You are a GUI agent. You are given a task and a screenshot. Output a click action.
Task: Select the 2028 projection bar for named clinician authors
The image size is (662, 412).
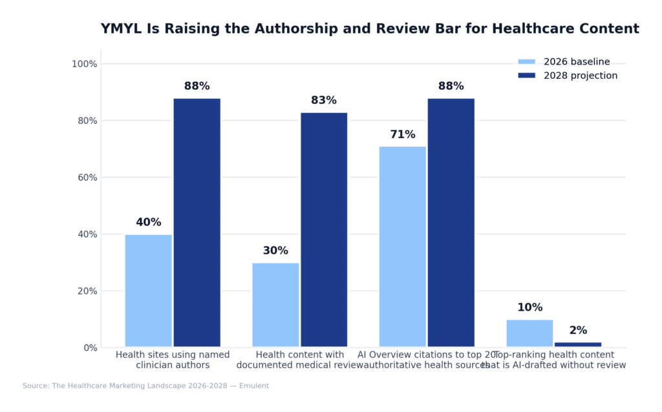[x=197, y=223]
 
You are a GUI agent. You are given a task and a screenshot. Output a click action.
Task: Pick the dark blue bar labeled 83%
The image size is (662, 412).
[x=324, y=230]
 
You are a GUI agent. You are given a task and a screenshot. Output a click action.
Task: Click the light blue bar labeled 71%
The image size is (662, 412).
[x=402, y=247]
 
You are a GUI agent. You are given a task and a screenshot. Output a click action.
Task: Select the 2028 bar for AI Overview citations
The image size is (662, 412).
[x=451, y=223]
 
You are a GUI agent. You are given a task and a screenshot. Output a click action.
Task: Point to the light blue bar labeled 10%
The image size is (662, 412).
[x=529, y=333]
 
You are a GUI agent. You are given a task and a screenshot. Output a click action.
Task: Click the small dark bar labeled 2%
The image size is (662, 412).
[x=578, y=344]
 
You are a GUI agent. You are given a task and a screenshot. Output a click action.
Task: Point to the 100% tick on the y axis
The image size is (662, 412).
[x=84, y=64]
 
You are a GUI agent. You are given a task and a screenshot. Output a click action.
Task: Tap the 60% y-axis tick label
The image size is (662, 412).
[x=87, y=178]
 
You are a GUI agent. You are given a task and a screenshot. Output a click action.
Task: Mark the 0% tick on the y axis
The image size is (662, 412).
[x=90, y=347]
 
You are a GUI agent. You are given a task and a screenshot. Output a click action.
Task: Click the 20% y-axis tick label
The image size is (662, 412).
[x=87, y=291]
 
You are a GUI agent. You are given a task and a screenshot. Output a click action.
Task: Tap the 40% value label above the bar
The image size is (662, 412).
[x=148, y=222]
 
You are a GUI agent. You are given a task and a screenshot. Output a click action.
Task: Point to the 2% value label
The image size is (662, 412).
[x=578, y=331]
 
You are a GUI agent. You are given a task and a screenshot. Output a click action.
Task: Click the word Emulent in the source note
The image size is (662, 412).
[x=255, y=386]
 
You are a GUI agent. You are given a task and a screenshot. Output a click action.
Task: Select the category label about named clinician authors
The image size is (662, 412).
[x=173, y=360]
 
